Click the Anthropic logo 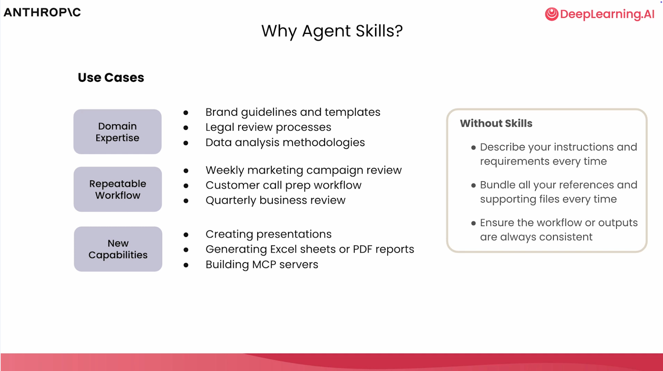point(42,12)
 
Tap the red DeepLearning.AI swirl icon point(552,14)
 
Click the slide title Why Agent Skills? point(332,31)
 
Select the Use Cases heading point(111,77)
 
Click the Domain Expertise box point(117,132)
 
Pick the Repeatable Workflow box point(118,189)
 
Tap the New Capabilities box point(118,249)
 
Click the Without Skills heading point(496,123)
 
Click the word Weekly point(225,170)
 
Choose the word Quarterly point(231,200)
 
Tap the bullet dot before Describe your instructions point(473,148)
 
